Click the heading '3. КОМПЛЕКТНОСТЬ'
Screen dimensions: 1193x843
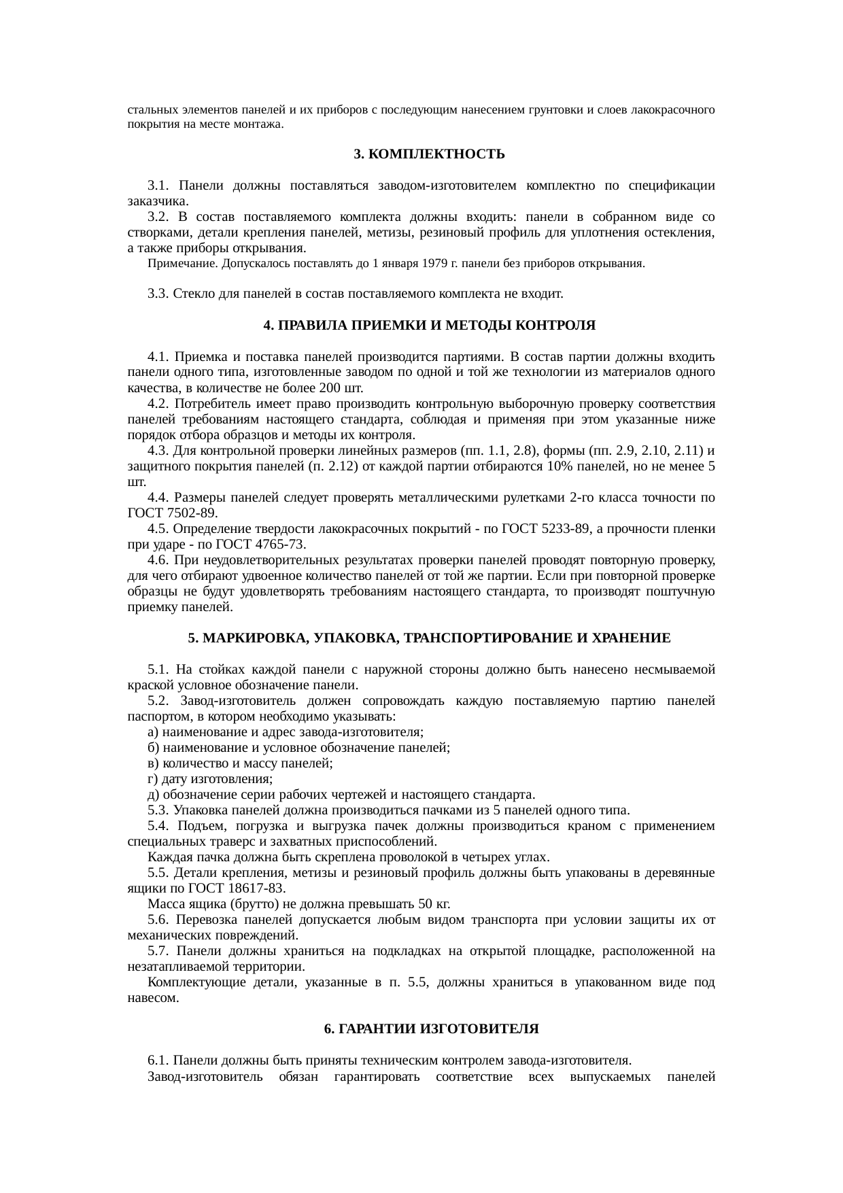click(429, 154)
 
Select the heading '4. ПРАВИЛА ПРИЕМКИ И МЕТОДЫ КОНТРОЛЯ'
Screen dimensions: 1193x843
click(429, 326)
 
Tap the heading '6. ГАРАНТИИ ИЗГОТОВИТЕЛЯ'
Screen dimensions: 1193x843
click(431, 1029)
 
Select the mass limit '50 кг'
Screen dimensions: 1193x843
click(434, 904)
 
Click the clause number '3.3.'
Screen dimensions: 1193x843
click(158, 294)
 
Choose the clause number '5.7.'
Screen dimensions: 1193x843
click(158, 950)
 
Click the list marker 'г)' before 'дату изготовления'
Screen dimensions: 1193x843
click(152, 779)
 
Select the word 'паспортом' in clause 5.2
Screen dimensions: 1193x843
click(153, 716)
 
